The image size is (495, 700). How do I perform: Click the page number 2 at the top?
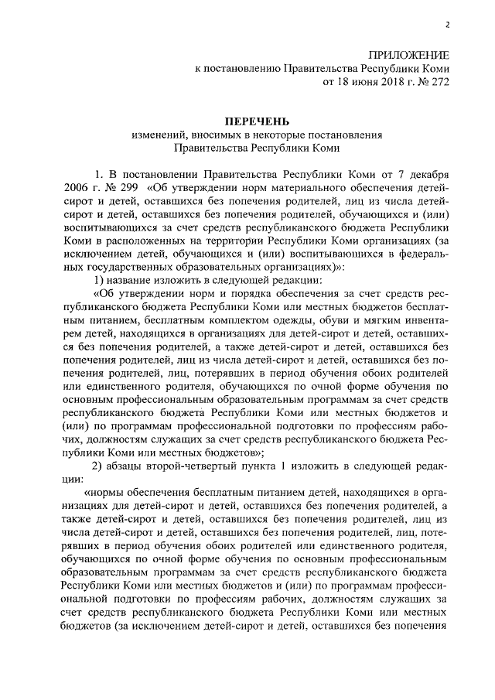tap(448, 26)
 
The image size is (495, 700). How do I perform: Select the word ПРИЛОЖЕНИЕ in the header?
tap(408, 55)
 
